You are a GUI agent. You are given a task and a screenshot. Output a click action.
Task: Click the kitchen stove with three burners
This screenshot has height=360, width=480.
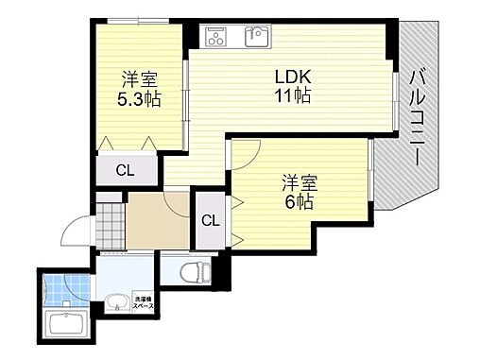click(215, 37)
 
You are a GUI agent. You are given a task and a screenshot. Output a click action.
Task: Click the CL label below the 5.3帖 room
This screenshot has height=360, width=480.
click(124, 170)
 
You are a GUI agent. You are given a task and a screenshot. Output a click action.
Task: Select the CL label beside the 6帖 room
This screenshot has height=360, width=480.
click(210, 221)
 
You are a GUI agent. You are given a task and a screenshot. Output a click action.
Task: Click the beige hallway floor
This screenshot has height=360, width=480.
click(156, 222)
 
